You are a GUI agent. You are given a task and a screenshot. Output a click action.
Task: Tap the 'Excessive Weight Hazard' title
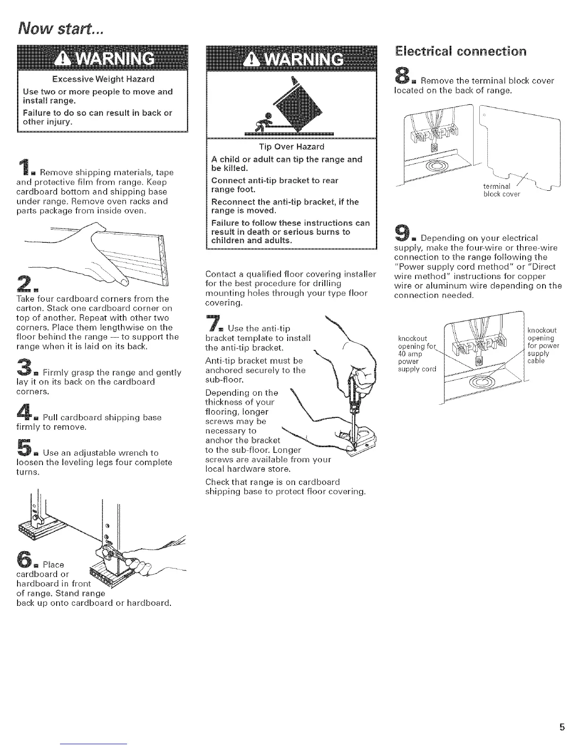(103, 78)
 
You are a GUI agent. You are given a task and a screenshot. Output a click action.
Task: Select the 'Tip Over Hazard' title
(291, 147)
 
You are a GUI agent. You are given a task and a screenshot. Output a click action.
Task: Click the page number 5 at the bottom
(562, 728)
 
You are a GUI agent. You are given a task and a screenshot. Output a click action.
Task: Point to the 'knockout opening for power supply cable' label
(543, 345)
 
